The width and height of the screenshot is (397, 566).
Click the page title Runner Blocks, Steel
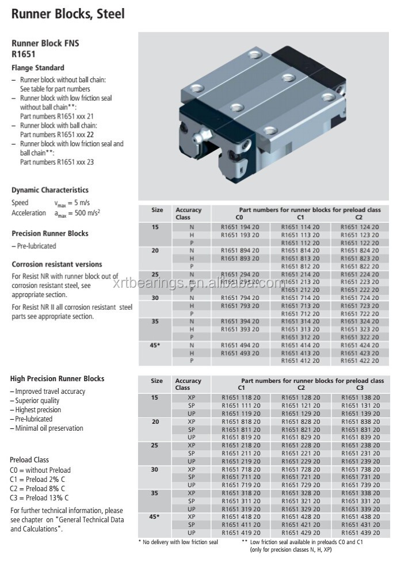pyautogui.click(x=68, y=13)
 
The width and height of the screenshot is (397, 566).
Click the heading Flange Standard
pyautogui.click(x=38, y=67)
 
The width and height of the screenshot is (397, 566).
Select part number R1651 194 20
pyautogui.click(x=240, y=227)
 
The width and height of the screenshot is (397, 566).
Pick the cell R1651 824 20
pyautogui.click(x=360, y=251)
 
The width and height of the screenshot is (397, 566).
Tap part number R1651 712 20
pyautogui.click(x=300, y=313)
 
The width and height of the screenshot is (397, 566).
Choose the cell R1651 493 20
pyautogui.click(x=240, y=353)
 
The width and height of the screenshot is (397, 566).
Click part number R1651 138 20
pyautogui.click(x=360, y=397)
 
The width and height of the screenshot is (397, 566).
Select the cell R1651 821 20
pyautogui.click(x=300, y=430)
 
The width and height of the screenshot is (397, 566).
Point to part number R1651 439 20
pyautogui.click(x=360, y=533)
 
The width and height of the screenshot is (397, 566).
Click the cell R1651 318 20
pyautogui.click(x=240, y=493)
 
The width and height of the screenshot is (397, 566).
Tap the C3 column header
pyautogui.click(x=360, y=388)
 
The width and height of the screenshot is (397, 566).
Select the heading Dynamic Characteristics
pyautogui.click(x=50, y=189)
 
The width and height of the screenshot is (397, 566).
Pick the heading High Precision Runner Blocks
pyautogui.click(x=58, y=378)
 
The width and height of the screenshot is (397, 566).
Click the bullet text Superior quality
pyautogui.click(x=37, y=400)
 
